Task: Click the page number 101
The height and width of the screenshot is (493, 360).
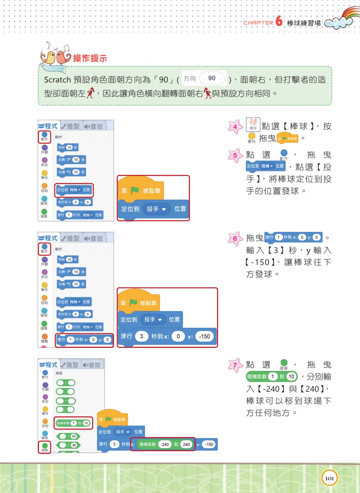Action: (x=329, y=478)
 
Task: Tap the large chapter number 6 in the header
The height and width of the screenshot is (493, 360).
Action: (x=279, y=22)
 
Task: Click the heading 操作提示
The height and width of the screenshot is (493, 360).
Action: (x=90, y=59)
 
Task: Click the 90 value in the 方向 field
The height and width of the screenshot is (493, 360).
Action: (x=212, y=79)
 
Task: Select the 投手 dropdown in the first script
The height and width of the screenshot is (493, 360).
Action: (x=158, y=209)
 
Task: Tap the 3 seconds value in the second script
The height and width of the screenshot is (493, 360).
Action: (x=142, y=336)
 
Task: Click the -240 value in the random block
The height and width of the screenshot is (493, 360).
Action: (x=165, y=444)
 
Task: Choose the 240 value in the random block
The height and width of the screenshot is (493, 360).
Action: (x=186, y=444)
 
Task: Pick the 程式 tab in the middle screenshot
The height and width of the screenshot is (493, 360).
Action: (x=48, y=238)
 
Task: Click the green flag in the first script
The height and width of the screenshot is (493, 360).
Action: (x=135, y=190)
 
